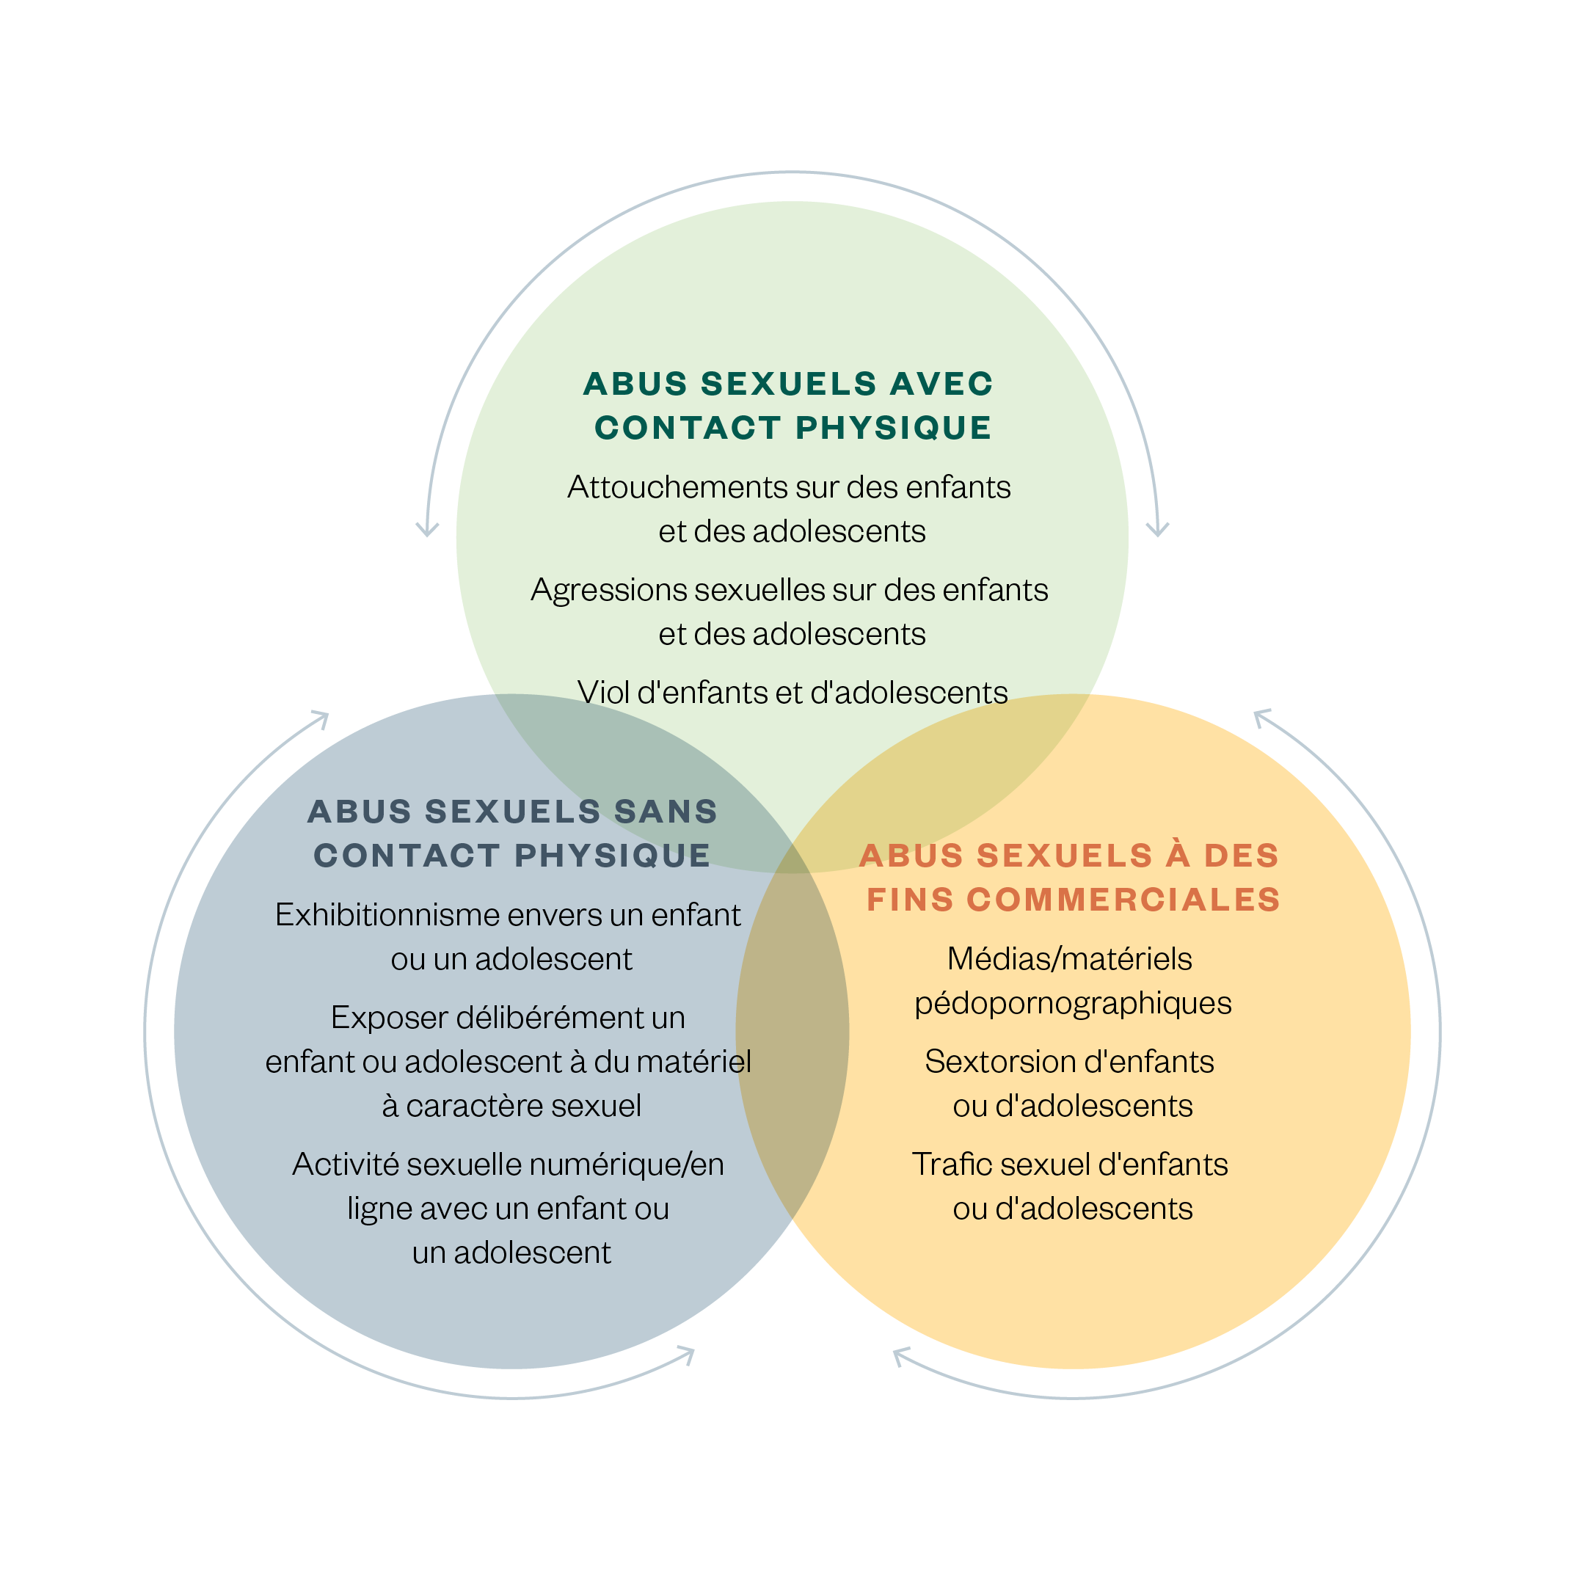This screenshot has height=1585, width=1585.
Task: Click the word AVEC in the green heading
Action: click(941, 384)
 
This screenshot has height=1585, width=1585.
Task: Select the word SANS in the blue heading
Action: click(666, 812)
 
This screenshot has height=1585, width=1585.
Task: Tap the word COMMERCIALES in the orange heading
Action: click(1123, 900)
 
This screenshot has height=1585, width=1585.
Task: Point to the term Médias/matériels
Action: click(1069, 959)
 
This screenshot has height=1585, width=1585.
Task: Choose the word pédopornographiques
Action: click(1072, 1003)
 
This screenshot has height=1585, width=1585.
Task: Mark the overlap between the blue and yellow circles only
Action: click(792, 1066)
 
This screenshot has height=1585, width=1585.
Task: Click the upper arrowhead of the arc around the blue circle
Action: click(321, 718)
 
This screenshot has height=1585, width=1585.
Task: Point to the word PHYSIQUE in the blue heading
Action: click(612, 856)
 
